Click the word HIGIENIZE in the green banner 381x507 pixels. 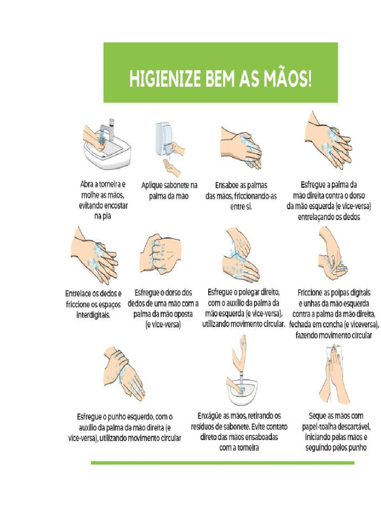tap(159, 79)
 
